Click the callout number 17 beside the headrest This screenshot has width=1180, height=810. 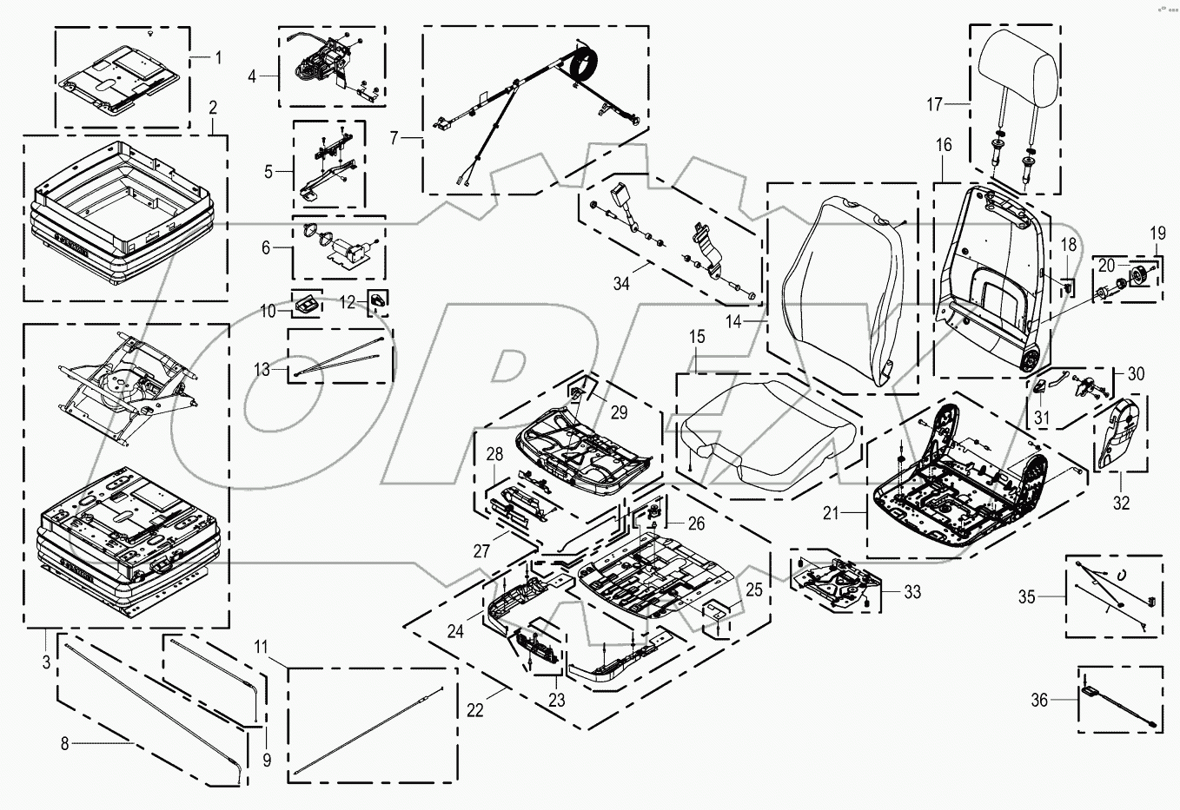[934, 105]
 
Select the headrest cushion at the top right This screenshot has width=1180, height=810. [1018, 58]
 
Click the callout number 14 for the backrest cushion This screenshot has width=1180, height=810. [734, 321]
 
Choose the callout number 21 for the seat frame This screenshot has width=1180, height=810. [832, 513]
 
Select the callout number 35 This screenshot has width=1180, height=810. [1028, 596]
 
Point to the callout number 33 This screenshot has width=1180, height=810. [912, 593]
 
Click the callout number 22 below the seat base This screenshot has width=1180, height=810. [475, 710]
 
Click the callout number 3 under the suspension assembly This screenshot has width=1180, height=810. [45, 663]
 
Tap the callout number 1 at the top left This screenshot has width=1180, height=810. [218, 57]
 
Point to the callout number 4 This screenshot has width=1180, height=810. [252, 76]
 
